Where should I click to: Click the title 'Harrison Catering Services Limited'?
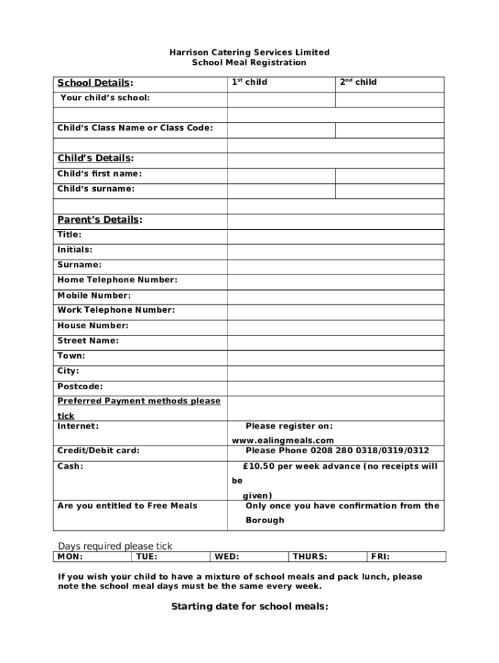pyautogui.click(x=250, y=52)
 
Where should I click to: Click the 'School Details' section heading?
pyautogui.click(x=95, y=83)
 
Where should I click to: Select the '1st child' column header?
pyautogui.click(x=250, y=82)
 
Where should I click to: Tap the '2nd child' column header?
pyautogui.click(x=358, y=82)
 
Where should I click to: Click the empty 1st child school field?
pyautogui.click(x=280, y=99)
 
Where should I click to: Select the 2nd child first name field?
pyautogui.click(x=389, y=175)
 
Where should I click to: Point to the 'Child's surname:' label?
pyautogui.click(x=96, y=189)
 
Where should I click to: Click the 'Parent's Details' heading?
pyautogui.click(x=98, y=219)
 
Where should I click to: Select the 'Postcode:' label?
pyautogui.click(x=80, y=387)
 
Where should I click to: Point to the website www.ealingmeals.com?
pyautogui.click(x=283, y=440)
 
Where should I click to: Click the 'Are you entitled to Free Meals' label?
pyautogui.click(x=128, y=506)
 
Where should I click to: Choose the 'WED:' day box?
pyautogui.click(x=249, y=557)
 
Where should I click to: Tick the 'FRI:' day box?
pyautogui.click(x=406, y=557)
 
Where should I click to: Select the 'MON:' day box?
pyautogui.click(x=93, y=557)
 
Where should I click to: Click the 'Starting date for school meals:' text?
pyautogui.click(x=250, y=607)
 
